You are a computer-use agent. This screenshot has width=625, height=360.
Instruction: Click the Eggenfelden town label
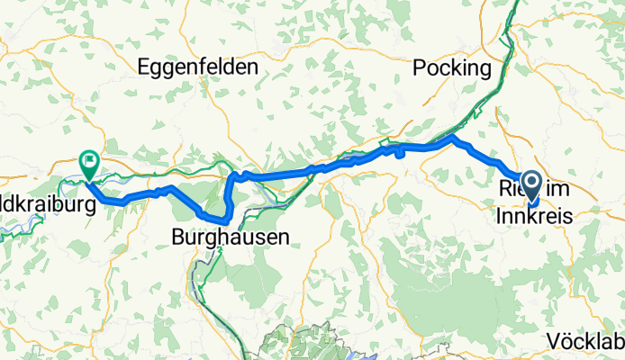coord(198,67)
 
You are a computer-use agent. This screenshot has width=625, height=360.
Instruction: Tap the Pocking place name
coord(452,68)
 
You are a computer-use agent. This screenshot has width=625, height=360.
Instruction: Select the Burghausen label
coord(231,238)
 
